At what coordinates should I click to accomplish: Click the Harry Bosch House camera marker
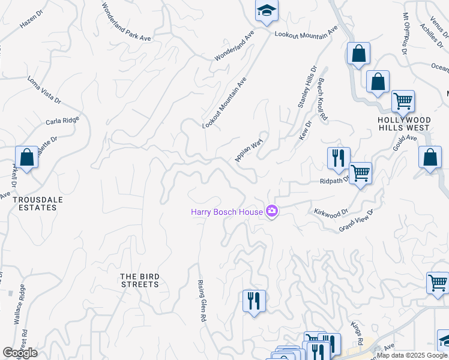(272, 211)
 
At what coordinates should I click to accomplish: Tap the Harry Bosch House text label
(227, 212)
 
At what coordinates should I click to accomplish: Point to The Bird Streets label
(140, 280)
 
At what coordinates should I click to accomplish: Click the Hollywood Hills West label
(403, 124)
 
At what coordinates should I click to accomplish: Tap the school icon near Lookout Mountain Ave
(267, 11)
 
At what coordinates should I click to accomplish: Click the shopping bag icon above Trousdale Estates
(26, 158)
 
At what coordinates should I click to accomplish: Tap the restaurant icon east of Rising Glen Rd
(254, 299)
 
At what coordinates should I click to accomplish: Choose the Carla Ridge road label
(62, 121)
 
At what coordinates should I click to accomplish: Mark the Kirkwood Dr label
(331, 212)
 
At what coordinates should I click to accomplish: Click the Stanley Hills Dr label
(307, 88)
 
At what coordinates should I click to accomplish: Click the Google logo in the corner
(20, 353)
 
